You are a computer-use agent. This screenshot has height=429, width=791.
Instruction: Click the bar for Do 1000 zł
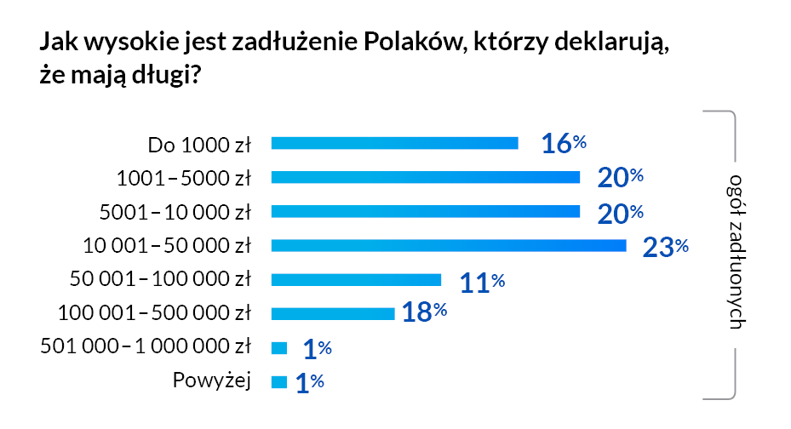click(394, 143)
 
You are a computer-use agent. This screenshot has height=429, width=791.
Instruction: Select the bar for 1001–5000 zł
click(425, 177)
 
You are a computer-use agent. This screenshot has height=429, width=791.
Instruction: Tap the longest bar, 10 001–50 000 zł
click(448, 246)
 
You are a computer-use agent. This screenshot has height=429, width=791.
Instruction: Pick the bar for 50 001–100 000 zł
click(356, 280)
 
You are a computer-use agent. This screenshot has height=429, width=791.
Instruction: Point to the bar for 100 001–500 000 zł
click(332, 313)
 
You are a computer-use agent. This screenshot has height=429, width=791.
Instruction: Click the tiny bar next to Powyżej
click(278, 382)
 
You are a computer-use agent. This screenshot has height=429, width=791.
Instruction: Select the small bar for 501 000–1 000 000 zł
click(278, 347)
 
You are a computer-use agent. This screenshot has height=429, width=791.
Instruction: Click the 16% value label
click(564, 144)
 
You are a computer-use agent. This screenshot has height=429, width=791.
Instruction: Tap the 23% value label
click(664, 247)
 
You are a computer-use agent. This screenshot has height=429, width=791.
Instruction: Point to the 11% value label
click(482, 282)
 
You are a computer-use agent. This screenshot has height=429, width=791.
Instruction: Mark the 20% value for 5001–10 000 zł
click(619, 213)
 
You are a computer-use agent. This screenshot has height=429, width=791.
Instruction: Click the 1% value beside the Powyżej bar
click(309, 384)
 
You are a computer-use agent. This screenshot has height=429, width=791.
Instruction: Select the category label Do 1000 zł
click(199, 144)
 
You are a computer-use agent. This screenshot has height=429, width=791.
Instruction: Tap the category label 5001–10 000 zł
click(175, 212)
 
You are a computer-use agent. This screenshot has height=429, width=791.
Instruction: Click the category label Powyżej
click(212, 380)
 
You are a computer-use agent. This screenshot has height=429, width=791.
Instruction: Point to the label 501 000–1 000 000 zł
click(146, 346)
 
